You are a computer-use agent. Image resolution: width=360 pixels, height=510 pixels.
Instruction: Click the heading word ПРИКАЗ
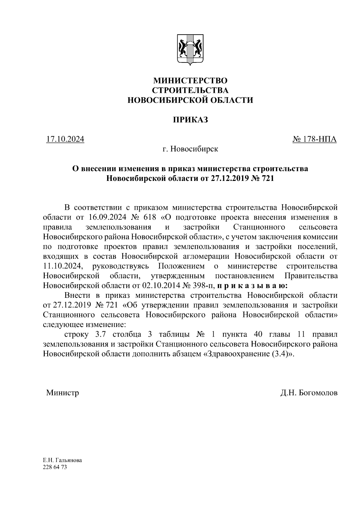[190, 120]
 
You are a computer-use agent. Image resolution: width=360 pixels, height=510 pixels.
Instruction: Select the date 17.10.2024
[65, 139]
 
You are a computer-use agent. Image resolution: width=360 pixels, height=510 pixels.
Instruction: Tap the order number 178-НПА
[319, 139]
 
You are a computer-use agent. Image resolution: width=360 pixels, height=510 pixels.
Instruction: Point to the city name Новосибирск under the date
[194, 149]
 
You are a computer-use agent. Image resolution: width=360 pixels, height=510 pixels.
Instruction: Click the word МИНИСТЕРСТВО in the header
[190, 81]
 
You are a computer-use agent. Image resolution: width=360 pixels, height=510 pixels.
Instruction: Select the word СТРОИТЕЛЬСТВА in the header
[190, 90]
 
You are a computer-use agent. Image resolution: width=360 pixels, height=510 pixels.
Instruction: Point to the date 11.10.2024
[62, 266]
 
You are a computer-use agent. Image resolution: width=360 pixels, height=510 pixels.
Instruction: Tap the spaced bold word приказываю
[253, 285]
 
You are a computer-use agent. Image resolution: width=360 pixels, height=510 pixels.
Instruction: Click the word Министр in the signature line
[62, 392]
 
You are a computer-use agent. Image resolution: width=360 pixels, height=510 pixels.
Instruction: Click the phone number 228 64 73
[55, 467]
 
